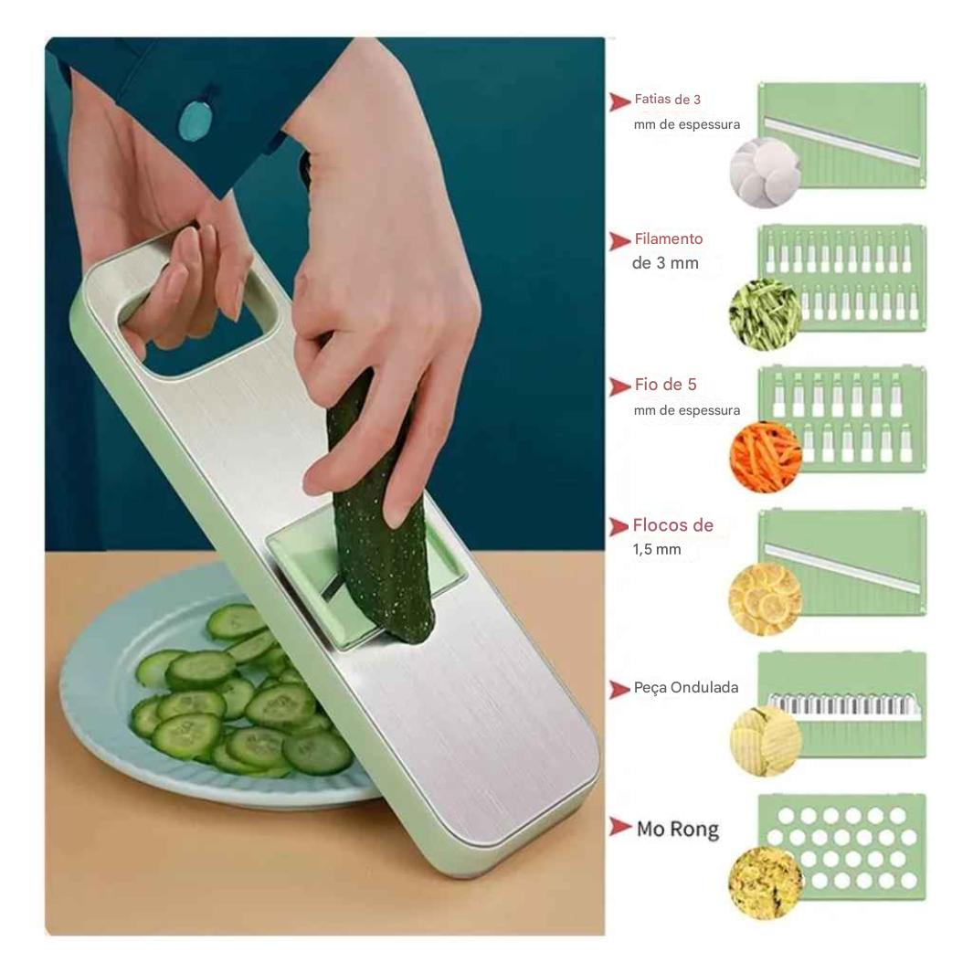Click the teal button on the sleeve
195,120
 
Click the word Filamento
668,239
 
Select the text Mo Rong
677,830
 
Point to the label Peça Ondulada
685,688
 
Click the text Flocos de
672,526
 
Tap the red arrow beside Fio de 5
620,386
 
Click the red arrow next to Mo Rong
620,828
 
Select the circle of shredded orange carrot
765,457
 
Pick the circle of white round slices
765,173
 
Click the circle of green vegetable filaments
765,314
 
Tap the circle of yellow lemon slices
765,599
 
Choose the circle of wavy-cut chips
765,740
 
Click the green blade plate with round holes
842,846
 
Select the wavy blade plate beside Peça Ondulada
842,704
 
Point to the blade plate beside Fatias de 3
842,135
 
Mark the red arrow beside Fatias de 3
620,101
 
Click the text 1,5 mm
657,550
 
